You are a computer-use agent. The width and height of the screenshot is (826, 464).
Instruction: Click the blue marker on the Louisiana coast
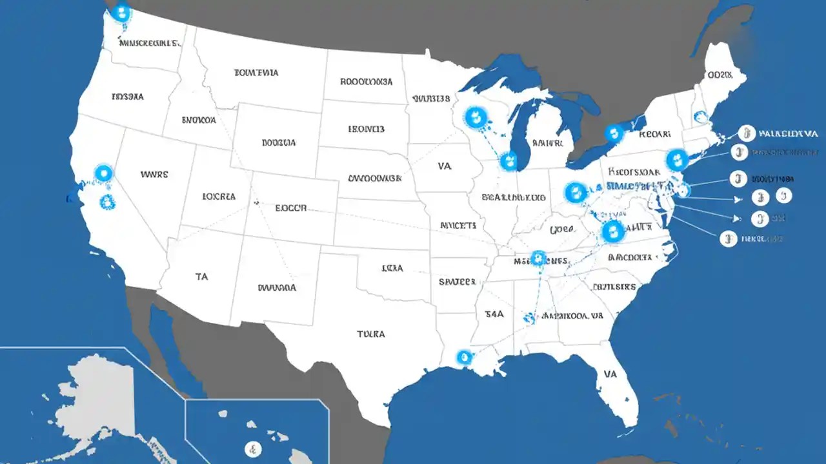pyautogui.click(x=463, y=357)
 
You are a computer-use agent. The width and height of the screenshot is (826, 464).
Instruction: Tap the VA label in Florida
pyautogui.click(x=610, y=374)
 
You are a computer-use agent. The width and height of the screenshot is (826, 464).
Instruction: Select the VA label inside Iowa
pyautogui.click(x=445, y=166)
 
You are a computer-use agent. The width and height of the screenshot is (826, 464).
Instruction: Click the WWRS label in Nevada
pyautogui.click(x=154, y=174)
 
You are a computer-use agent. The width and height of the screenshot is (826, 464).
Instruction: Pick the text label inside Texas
pyautogui.click(x=370, y=334)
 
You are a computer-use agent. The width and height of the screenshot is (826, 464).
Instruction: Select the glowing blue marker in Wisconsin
pyautogui.click(x=476, y=117)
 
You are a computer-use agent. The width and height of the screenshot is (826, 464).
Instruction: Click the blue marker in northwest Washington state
pyautogui.click(x=121, y=12)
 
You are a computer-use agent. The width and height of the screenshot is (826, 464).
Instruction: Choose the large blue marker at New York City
pyautogui.click(x=676, y=159)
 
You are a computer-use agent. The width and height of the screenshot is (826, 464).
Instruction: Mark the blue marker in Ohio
pyautogui.click(x=575, y=191)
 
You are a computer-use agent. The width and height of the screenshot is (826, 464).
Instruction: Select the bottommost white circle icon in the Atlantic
pyautogui.click(x=728, y=238)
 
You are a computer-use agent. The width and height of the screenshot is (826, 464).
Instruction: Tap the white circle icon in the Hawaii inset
pyautogui.click(x=254, y=449)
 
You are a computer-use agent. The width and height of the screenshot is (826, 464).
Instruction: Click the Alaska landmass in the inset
pyautogui.click(x=97, y=393)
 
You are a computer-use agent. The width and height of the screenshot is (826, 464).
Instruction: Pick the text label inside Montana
pyautogui.click(x=256, y=73)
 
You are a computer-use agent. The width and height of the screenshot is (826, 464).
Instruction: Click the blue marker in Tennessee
pyautogui.click(x=538, y=259)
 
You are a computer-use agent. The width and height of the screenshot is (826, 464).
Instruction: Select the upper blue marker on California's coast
pyautogui.click(x=103, y=173)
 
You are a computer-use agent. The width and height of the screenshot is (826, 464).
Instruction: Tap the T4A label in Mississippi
pyautogui.click(x=493, y=314)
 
